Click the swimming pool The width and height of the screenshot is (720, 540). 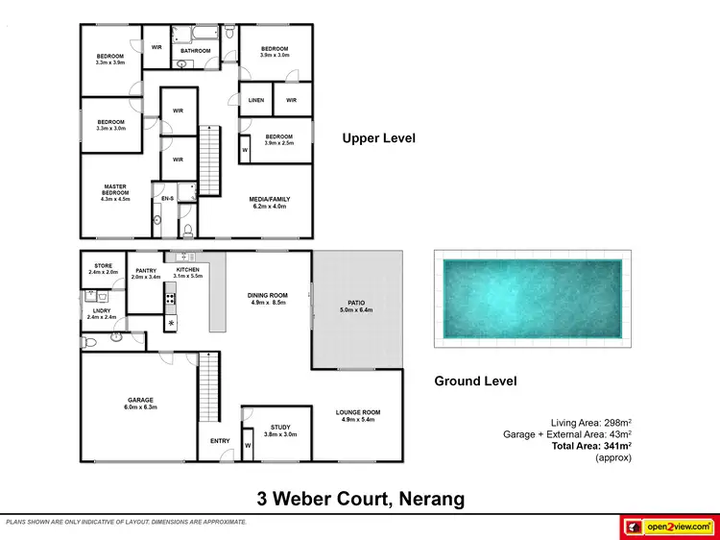pos(532,299)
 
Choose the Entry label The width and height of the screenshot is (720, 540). pos(220,441)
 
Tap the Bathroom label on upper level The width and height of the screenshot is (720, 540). pos(195,50)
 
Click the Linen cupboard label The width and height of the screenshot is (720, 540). pos(255,100)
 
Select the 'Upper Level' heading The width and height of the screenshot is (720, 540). pos(378,138)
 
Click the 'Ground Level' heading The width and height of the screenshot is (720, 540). pos(475,381)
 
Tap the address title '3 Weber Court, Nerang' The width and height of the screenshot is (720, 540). pos(360,499)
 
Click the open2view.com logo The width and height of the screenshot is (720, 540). pos(668,527)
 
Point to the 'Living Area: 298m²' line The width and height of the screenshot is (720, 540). pos(590,423)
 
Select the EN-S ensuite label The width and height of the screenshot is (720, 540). pos(166,198)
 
